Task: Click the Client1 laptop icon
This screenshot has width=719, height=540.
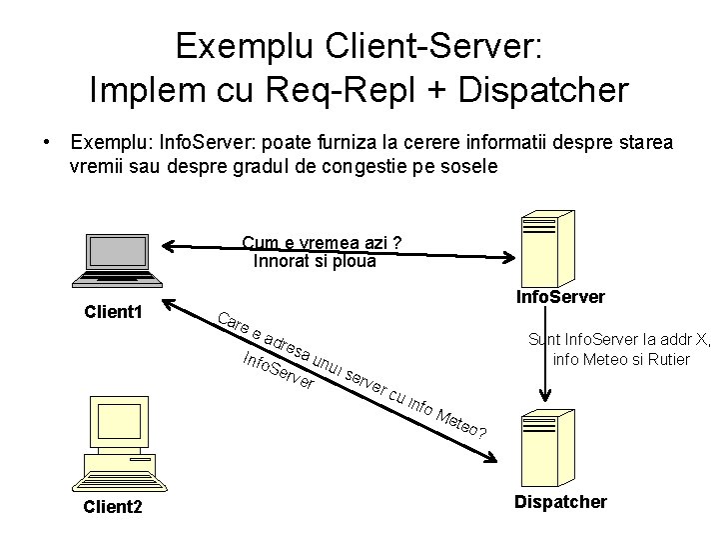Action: tap(116, 260)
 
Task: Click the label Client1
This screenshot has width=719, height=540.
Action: tap(115, 314)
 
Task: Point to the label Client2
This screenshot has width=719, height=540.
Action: tap(114, 508)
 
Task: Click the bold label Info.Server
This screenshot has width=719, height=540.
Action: tap(559, 297)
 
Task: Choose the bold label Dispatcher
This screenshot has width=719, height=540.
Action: tap(560, 502)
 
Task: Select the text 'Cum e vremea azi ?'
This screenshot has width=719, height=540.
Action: tap(322, 244)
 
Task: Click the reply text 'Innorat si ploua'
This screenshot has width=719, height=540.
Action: tap(315, 262)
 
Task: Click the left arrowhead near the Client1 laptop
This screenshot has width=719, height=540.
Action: tap(172, 246)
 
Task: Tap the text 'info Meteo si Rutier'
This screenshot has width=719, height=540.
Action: tap(620, 359)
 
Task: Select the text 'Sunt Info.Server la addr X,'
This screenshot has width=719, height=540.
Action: tap(619, 340)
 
